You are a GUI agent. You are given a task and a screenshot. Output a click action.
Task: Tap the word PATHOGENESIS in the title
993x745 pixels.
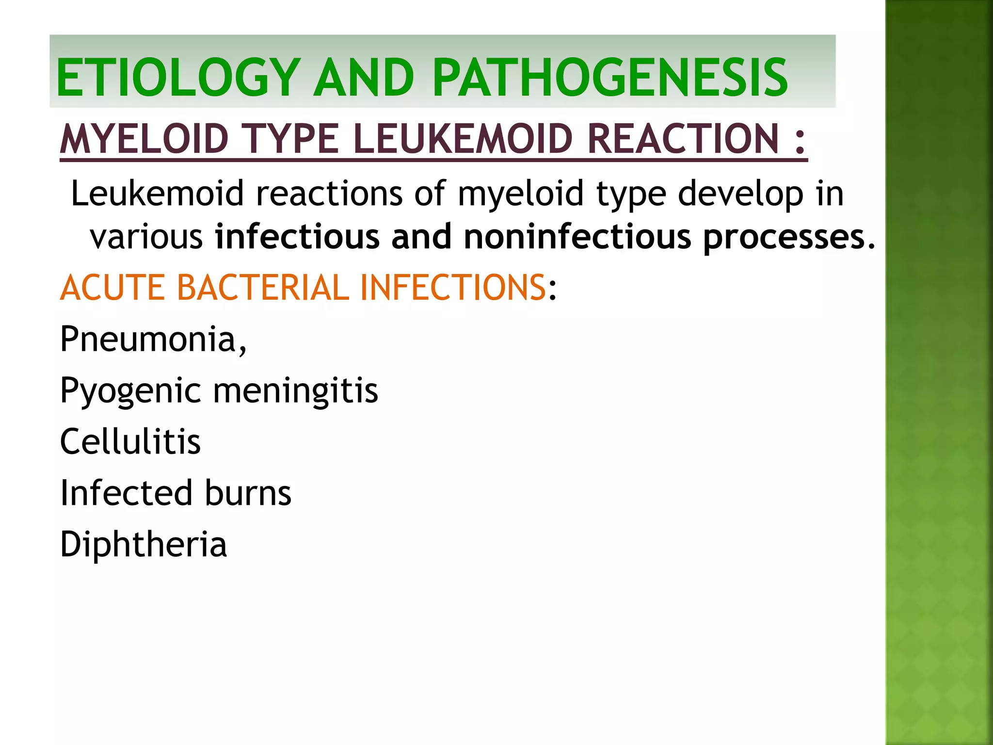click(x=610, y=78)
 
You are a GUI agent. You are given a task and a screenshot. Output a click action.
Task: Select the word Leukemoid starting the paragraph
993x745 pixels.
click(x=157, y=194)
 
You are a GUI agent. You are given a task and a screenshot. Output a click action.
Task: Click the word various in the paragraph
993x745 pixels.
click(x=146, y=237)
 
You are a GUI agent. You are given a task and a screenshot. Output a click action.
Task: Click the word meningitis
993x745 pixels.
click(x=295, y=391)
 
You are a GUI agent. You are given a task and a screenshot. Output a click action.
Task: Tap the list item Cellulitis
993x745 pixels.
click(x=130, y=442)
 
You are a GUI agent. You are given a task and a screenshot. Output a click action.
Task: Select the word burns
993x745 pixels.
click(x=248, y=493)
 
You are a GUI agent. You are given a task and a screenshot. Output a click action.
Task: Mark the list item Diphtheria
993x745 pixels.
click(x=143, y=545)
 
